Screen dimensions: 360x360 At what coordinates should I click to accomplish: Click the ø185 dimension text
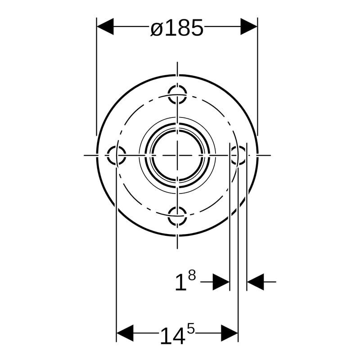tap(177, 28)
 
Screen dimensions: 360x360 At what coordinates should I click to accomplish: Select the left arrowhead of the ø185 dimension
tap(105, 27)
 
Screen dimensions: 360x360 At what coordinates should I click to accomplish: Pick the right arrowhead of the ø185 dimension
tap(249, 27)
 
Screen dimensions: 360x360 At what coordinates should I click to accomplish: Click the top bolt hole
tap(177, 94)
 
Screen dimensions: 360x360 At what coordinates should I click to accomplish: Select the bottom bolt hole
tap(177, 216)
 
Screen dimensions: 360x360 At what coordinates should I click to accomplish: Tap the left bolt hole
tap(117, 155)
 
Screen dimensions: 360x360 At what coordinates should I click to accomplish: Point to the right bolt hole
tap(238, 155)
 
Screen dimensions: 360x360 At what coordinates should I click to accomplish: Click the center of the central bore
tap(177, 155)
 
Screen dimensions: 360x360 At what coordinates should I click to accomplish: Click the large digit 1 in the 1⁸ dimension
tap(181, 283)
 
